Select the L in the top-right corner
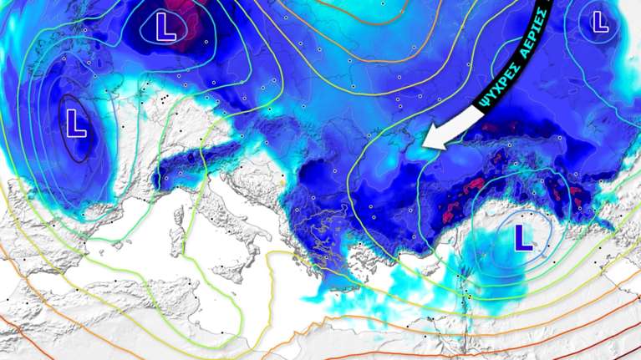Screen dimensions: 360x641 (599, 22)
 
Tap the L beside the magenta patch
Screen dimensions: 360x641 (165, 28)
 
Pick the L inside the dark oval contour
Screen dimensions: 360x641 (76, 123)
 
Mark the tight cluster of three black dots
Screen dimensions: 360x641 (158, 101)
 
